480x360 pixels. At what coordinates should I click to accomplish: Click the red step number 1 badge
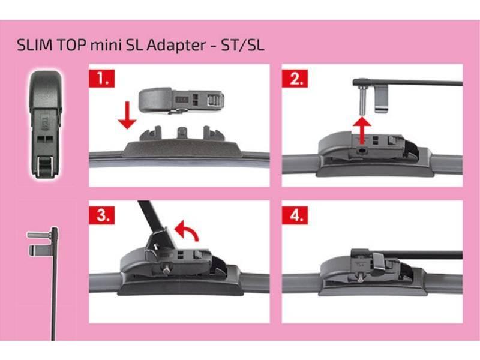pos(101,79)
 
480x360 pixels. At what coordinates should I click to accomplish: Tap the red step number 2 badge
pos(295,79)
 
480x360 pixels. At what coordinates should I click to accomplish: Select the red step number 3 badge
pos(101,215)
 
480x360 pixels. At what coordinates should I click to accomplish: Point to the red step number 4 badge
pos(295,215)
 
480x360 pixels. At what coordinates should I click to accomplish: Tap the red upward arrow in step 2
pos(362,130)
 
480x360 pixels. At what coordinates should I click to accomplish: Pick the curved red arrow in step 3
pos(187,230)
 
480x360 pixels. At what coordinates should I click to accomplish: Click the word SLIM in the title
pos(34,46)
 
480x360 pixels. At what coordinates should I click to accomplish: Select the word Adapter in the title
pos(176,46)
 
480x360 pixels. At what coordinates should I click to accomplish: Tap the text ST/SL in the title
pos(242,46)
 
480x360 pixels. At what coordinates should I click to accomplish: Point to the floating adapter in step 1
pos(181,100)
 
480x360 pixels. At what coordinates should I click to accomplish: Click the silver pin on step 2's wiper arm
pos(362,100)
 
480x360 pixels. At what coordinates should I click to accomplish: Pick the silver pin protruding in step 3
pos(167,268)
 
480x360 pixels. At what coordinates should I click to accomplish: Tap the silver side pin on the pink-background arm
pos(39,235)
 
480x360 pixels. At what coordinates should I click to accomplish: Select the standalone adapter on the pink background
pos(46,127)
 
